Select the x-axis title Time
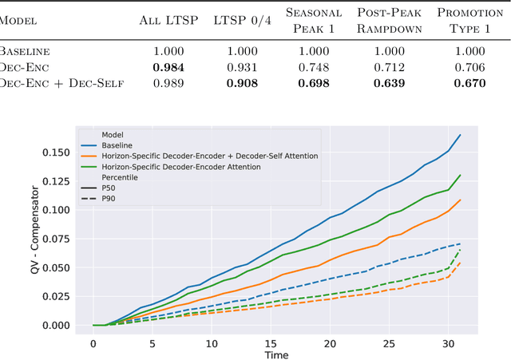[276, 354]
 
